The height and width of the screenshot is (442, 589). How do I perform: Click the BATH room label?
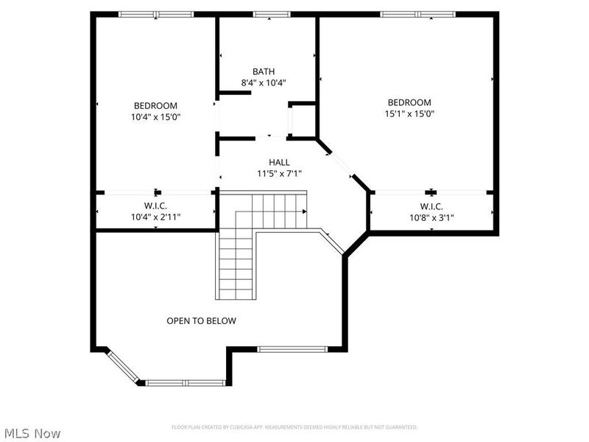click(x=263, y=71)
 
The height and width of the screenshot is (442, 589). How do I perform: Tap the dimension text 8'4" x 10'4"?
click(x=263, y=83)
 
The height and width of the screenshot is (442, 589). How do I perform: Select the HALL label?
click(x=279, y=162)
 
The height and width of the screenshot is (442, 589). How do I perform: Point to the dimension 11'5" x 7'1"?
click(x=279, y=174)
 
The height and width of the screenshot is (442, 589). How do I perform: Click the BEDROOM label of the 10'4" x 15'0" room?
click(x=155, y=105)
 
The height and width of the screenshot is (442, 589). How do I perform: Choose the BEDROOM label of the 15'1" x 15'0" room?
click(x=409, y=102)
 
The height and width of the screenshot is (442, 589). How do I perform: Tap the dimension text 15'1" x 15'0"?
click(x=409, y=114)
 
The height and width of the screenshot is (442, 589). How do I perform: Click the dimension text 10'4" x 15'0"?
click(x=155, y=117)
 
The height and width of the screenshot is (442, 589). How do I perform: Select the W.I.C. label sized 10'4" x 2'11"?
click(x=155, y=206)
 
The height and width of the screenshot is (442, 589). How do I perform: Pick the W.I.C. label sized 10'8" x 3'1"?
click(x=431, y=206)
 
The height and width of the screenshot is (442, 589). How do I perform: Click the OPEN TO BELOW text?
click(x=201, y=320)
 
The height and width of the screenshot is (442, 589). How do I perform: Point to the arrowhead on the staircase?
click(x=303, y=211)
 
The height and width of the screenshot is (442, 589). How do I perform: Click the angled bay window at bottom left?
click(x=123, y=367)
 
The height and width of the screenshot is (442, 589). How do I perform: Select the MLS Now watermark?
click(x=32, y=434)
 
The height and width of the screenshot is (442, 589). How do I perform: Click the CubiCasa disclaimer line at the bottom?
click(x=294, y=427)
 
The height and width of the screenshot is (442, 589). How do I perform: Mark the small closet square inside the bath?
click(x=302, y=121)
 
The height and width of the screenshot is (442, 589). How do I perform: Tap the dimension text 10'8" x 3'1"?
click(x=431, y=218)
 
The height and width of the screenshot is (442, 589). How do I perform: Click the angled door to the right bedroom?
click(x=339, y=162)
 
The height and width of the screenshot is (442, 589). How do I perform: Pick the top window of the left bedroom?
click(x=156, y=14)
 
